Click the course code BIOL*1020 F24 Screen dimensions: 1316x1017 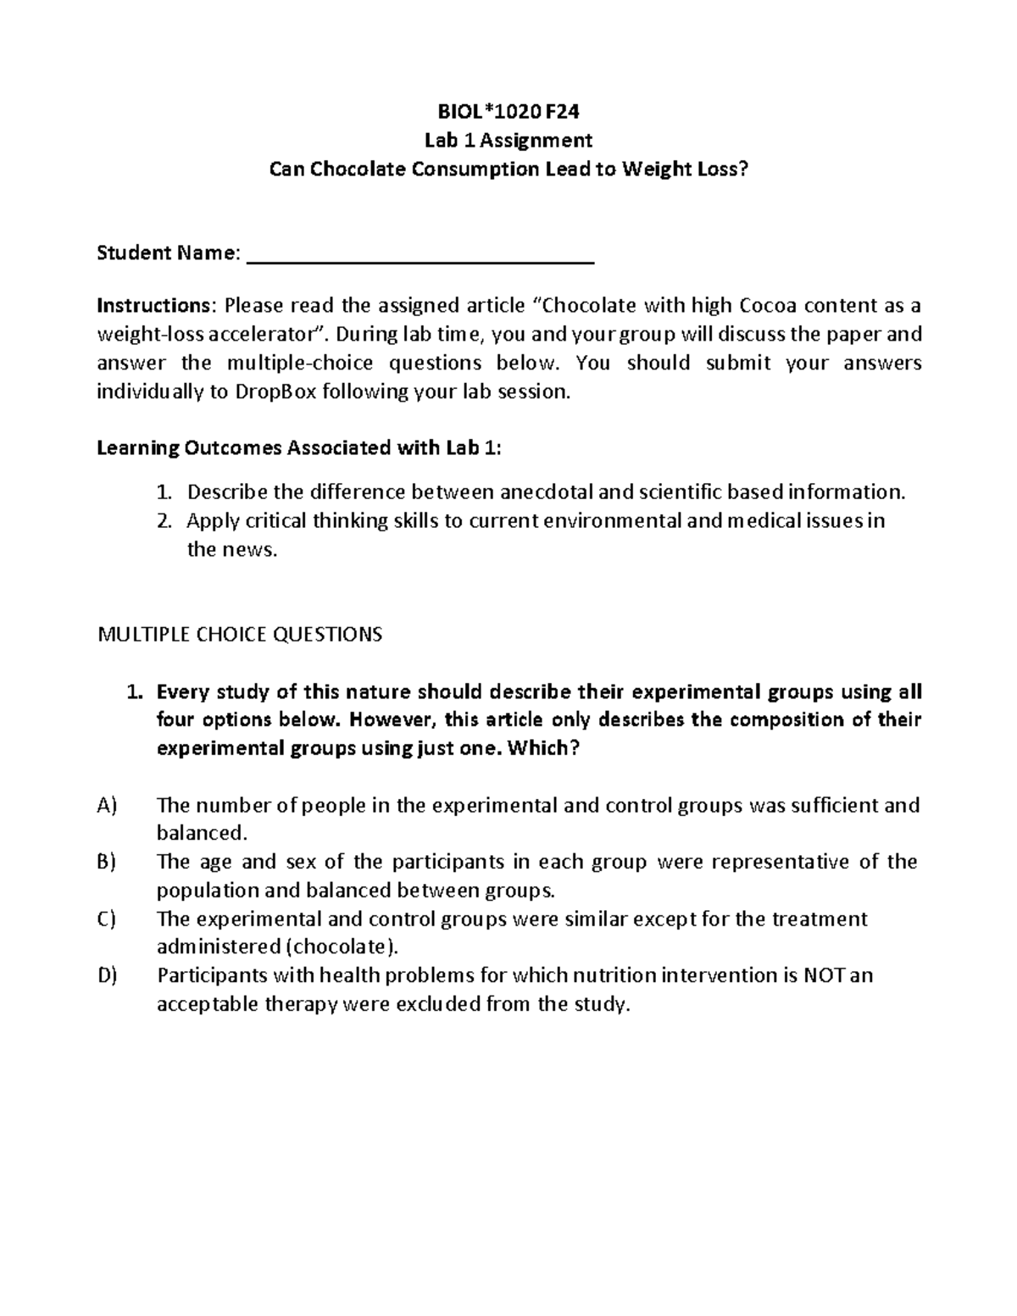[508, 110]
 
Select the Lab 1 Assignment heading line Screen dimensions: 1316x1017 [508, 139]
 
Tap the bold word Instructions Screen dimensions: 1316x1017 [149, 305]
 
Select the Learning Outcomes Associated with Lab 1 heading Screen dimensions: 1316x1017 [299, 448]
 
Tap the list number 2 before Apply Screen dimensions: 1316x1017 [165, 520]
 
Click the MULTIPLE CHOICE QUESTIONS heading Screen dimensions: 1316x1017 [241, 634]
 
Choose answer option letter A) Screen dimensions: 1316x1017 [107, 805]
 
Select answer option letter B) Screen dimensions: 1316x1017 [106, 862]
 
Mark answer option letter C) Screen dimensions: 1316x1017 [106, 919]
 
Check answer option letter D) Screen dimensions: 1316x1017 [107, 976]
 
